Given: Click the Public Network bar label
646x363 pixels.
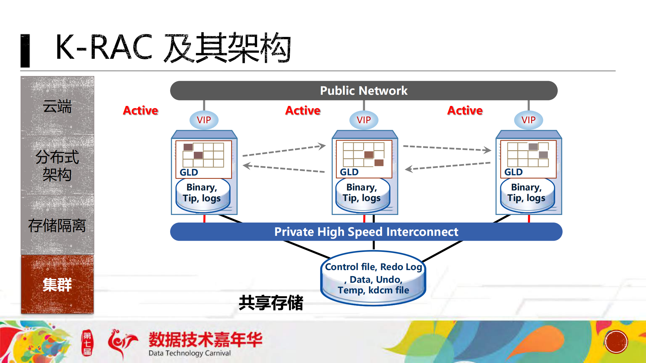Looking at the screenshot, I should click(363, 91).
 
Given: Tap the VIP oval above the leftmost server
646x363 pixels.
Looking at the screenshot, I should click(204, 120).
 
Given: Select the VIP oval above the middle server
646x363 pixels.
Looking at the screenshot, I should click(363, 120).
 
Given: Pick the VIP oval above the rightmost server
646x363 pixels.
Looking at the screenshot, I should click(528, 120).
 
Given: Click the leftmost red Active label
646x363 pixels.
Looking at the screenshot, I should click(141, 111).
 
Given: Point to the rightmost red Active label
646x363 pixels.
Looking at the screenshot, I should click(465, 111).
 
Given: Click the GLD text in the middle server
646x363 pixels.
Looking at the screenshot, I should click(349, 172).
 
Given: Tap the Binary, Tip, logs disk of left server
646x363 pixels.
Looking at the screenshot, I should click(202, 193).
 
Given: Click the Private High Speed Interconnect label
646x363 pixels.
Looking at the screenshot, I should click(366, 232).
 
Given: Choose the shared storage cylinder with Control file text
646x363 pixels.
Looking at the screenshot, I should click(373, 279).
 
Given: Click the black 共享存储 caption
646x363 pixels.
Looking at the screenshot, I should click(271, 302).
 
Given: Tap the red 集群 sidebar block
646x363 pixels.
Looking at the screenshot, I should click(57, 285).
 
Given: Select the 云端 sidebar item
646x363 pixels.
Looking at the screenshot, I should click(57, 107).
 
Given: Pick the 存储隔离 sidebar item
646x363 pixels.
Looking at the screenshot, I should click(57, 226).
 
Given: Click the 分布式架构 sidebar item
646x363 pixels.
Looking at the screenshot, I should click(57, 166).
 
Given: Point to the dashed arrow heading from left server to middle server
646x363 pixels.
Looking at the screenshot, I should click(284, 150).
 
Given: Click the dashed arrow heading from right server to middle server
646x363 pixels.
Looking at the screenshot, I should click(448, 166).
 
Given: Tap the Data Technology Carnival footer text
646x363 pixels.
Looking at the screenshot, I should click(190, 353).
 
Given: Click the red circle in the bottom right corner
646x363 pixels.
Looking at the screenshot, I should click(616, 342).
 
